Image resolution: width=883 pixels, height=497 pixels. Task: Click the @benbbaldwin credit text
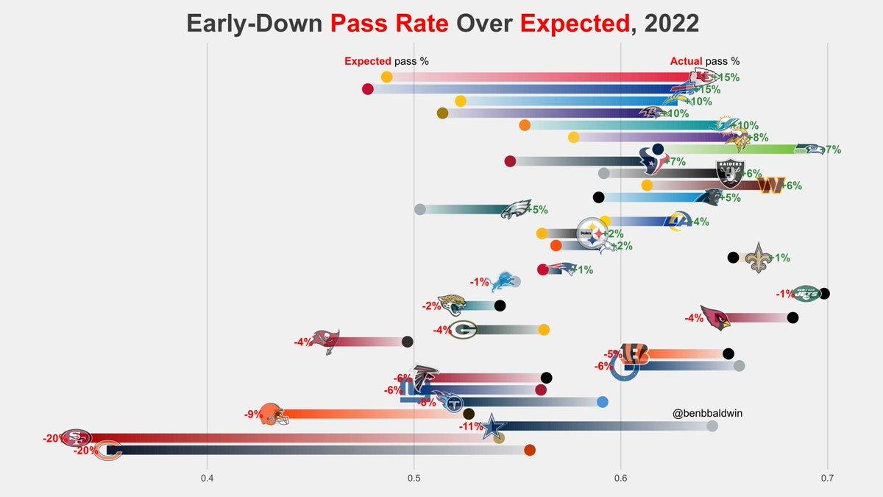pos(706,414)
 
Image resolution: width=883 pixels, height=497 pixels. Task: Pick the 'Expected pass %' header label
pos(386,62)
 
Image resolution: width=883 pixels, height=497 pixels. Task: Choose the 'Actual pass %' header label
pos(704,62)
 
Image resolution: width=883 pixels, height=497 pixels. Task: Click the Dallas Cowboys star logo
pos(494,426)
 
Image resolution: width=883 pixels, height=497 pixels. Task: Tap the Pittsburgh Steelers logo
pos(592,233)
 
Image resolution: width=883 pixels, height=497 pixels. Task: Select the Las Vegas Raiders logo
pos(731,173)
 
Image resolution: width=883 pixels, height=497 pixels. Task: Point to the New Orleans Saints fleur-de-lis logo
pos(759,258)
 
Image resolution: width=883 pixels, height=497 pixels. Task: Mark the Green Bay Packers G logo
pos(464,330)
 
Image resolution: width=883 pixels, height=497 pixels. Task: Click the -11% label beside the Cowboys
pos(471,426)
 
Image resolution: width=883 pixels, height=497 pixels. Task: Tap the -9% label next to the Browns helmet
pos(254,414)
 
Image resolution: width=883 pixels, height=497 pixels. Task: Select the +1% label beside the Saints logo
pos(780,258)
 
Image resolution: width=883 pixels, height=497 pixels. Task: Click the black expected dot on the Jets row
pos(824,294)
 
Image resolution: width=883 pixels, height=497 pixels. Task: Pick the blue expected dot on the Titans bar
pos(603,402)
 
